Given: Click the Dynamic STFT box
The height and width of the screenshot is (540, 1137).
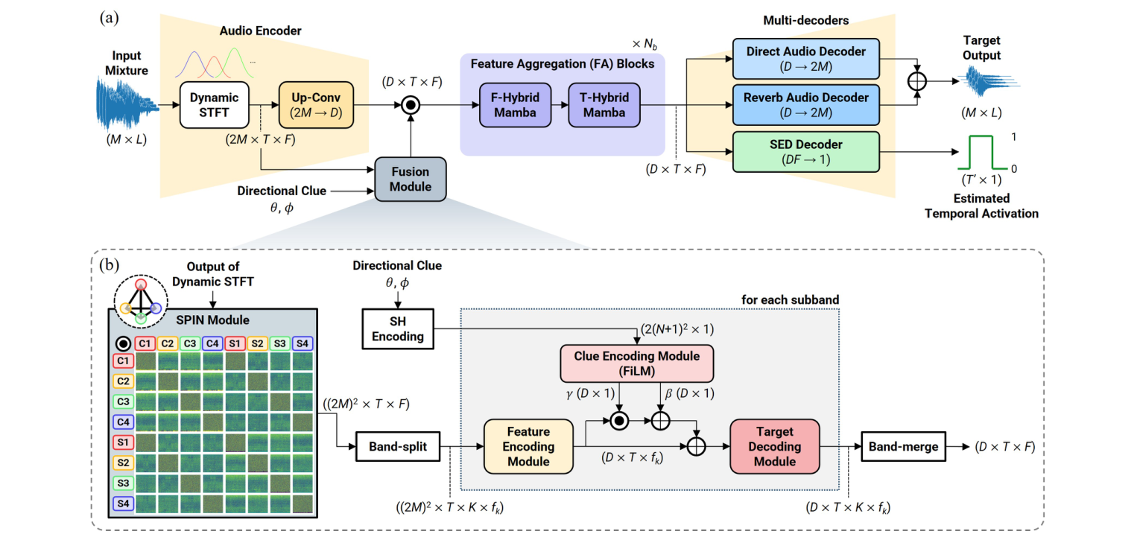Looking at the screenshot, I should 214,106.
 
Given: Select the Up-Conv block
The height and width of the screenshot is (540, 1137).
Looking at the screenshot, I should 313,106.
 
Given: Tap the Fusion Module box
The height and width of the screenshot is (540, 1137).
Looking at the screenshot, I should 411,180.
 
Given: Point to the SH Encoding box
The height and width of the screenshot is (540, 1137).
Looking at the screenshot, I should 399,328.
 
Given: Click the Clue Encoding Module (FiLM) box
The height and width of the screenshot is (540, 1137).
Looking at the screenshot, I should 636,363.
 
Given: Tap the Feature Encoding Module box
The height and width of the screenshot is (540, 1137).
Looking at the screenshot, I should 528,447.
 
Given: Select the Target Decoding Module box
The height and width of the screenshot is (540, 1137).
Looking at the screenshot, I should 774,447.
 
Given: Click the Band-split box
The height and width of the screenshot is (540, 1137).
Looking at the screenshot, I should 397,447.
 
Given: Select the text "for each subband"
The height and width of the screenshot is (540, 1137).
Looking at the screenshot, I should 791,299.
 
